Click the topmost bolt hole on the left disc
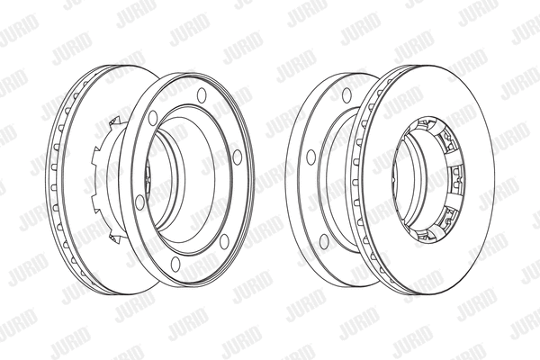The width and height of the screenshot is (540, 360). (x=202, y=94)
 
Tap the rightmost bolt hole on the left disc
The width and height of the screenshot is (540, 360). (x=237, y=157)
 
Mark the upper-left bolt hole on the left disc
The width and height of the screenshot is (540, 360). (x=153, y=117)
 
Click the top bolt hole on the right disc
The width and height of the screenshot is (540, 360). (x=346, y=94)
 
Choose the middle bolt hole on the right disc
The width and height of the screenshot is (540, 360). (x=310, y=157)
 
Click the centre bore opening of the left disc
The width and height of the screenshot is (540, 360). (x=180, y=180)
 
